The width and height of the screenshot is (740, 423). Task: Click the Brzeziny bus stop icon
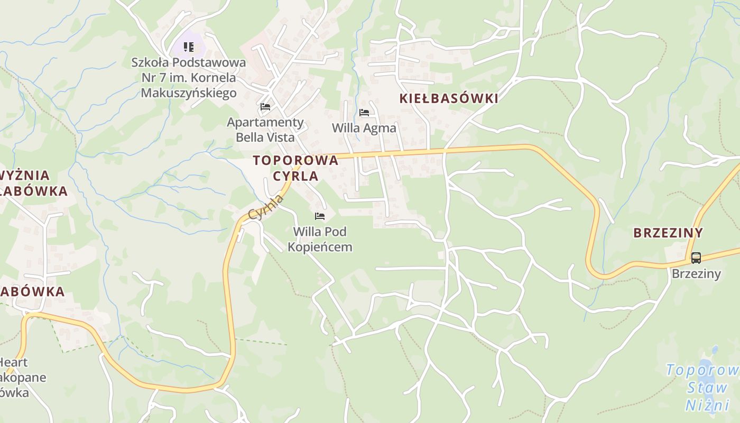click(x=696, y=258)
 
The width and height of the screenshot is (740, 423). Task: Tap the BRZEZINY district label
click(x=668, y=233)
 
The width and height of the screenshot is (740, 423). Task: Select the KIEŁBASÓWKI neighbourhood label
click(x=449, y=98)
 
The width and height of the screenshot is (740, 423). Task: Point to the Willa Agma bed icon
click(x=364, y=112)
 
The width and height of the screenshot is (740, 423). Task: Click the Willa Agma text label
click(x=364, y=128)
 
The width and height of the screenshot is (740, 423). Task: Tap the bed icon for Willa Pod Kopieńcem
click(x=319, y=216)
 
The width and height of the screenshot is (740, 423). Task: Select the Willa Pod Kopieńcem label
click(x=320, y=239)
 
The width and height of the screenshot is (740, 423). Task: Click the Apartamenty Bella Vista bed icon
click(x=265, y=107)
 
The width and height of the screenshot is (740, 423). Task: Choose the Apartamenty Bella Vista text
click(x=265, y=130)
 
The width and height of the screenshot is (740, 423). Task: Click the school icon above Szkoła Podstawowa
click(x=189, y=47)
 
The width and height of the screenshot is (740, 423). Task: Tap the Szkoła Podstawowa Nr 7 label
click(x=189, y=78)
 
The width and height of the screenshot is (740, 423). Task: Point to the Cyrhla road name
click(x=266, y=207)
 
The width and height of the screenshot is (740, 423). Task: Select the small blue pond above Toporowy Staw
click(x=715, y=350)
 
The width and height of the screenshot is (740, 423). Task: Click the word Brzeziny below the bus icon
click(x=696, y=274)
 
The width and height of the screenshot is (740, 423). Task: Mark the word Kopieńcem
click(x=320, y=247)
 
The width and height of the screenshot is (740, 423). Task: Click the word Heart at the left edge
click(x=14, y=363)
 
